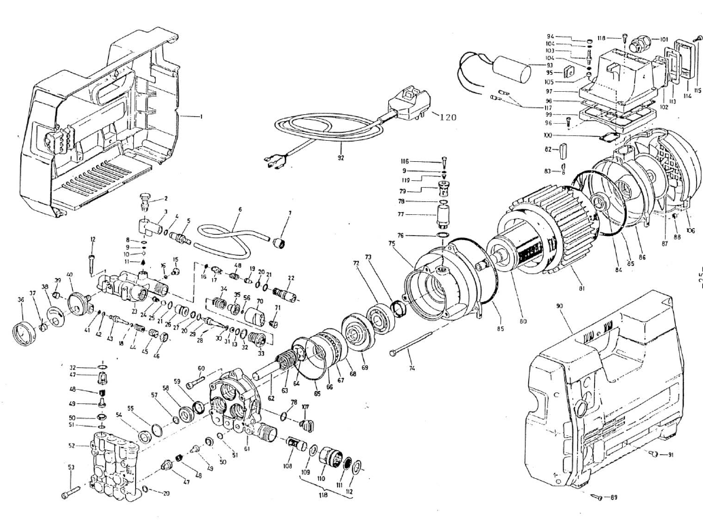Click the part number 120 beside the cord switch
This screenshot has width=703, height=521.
point(446,117)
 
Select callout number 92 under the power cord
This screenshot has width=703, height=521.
point(341,158)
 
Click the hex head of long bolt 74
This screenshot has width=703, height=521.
point(394,352)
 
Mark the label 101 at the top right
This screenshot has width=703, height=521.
point(664,39)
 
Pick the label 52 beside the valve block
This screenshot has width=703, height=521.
point(71,446)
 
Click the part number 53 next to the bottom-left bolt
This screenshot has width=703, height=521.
point(71,467)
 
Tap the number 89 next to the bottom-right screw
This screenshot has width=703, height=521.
point(613,498)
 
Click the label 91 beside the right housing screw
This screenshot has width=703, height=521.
point(670,455)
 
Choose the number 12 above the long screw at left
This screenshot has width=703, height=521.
point(92,239)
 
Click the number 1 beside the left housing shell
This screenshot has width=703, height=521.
point(201,117)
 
